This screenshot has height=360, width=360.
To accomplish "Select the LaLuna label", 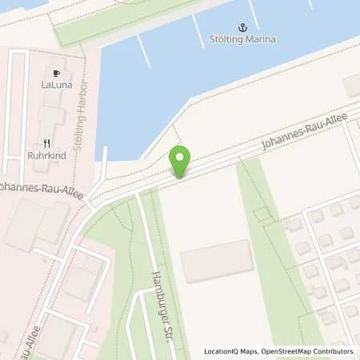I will [57, 82].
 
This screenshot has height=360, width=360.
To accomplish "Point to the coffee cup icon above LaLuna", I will [57, 70].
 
